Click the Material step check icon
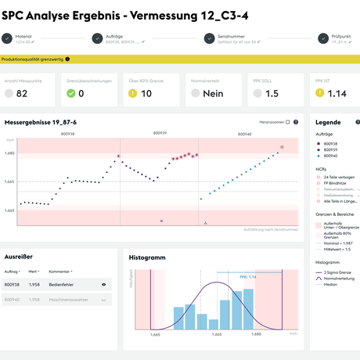[x=7, y=38]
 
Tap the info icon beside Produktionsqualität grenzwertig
[x=67, y=59]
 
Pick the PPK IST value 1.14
[x=337, y=93]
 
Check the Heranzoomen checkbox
[x=287, y=122]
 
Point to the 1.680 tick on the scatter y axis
[x=11, y=153]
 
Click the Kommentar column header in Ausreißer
[x=59, y=271]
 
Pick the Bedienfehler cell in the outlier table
[x=61, y=285]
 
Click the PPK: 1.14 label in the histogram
[x=247, y=276]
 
